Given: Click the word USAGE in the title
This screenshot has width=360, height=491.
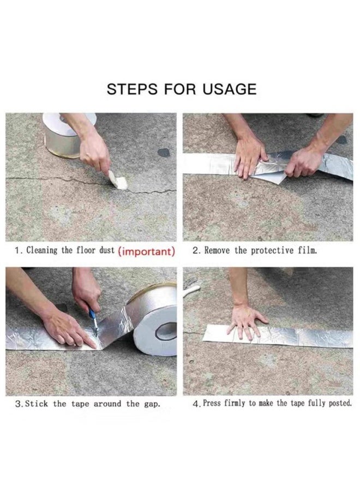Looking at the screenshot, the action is pyautogui.click(x=230, y=89).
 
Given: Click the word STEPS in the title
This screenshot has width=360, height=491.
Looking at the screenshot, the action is pyautogui.click(x=132, y=89).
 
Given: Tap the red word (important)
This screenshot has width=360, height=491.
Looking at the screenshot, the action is pyautogui.click(x=147, y=252).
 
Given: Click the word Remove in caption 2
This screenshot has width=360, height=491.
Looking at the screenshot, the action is pyautogui.click(x=218, y=250).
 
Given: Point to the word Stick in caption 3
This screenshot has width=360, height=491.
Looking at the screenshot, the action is pyautogui.click(x=37, y=404).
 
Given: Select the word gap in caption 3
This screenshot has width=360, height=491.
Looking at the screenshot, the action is pyautogui.click(x=152, y=404).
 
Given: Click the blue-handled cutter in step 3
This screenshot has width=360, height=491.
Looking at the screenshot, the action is pyautogui.click(x=93, y=321).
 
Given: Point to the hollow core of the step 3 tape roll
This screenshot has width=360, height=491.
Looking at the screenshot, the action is pyautogui.click(x=166, y=332).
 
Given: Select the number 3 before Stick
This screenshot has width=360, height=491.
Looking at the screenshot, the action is pyautogui.click(x=19, y=404).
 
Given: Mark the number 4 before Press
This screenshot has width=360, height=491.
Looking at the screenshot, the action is pyautogui.click(x=196, y=404).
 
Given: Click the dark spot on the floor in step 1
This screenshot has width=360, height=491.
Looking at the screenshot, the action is pyautogui.click(x=164, y=153).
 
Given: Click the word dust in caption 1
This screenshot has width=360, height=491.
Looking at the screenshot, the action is pyautogui.click(x=107, y=250).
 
